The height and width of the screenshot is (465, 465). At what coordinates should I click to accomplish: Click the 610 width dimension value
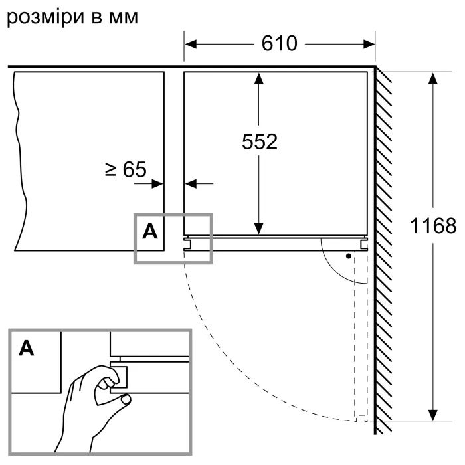279,44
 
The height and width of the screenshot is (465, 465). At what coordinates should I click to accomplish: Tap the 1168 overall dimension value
432,226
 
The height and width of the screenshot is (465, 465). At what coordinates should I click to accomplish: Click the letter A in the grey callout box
151,231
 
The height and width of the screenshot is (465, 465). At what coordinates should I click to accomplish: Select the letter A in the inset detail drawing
26,348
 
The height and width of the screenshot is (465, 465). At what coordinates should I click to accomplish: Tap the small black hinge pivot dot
347,255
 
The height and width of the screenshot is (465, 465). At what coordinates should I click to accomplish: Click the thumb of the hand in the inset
104,385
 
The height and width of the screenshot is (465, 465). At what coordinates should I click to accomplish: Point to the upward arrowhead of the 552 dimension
259,79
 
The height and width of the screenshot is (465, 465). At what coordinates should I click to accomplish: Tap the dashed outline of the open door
360,332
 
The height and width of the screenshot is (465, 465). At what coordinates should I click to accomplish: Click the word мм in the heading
123,17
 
